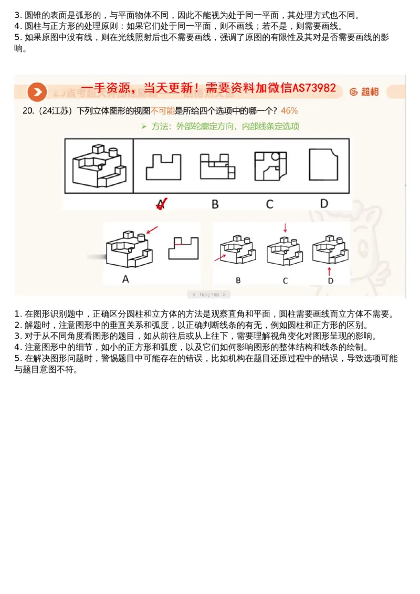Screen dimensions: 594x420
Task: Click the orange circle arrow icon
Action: coord(37,92)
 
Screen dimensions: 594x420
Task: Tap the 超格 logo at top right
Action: coord(364,92)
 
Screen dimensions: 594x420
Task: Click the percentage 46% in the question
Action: coord(289,111)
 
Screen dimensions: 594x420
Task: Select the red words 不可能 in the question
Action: coord(162,111)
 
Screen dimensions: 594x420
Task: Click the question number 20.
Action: coord(28,111)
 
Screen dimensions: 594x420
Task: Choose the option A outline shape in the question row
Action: coord(163,167)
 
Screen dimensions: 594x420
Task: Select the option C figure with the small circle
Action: coord(270,166)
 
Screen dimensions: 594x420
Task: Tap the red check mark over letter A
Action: coord(162,203)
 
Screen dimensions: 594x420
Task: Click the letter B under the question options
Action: coord(215,204)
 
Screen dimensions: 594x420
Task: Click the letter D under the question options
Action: coord(324,204)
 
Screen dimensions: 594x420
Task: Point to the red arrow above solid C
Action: coord(285,228)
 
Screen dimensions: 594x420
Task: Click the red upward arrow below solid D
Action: coord(330,270)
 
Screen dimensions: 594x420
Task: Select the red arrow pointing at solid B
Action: coord(220,257)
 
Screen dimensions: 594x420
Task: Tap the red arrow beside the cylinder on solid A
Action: coord(152,230)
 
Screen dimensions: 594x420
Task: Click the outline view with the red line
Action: coord(183,248)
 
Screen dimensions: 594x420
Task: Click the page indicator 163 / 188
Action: coord(208,295)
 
